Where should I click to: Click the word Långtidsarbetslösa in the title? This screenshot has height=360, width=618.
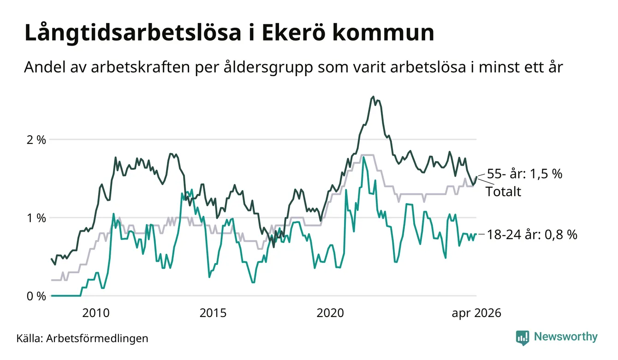[x=133, y=33]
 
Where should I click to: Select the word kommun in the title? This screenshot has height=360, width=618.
[x=383, y=33]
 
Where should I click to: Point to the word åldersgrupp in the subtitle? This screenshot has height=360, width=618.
[x=268, y=67]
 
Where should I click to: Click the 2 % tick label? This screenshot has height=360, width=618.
[x=36, y=140]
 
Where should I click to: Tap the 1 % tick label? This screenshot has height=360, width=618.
[x=36, y=218]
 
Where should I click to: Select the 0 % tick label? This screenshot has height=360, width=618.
[x=36, y=296]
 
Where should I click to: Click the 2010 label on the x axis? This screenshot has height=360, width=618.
[x=96, y=313]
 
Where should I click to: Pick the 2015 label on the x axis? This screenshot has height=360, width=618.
[x=213, y=313]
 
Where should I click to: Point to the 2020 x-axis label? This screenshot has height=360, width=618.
[x=330, y=313]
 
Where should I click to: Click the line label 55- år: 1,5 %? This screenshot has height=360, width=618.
[x=524, y=174]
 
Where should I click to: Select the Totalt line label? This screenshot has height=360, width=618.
[x=503, y=192]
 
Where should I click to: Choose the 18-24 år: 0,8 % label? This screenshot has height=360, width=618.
[x=532, y=234]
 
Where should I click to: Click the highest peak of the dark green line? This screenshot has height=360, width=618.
[x=373, y=96]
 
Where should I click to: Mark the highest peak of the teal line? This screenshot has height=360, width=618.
[x=363, y=157]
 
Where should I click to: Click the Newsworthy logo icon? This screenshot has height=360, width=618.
[x=523, y=338]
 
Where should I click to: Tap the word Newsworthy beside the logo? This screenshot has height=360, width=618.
[x=566, y=337]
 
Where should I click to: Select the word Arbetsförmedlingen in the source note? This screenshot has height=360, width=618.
[x=97, y=339]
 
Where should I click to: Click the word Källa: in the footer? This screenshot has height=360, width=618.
[x=30, y=338]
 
